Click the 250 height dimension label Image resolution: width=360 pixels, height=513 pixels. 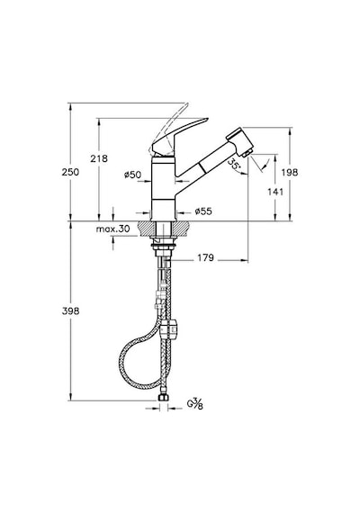pos(70,172)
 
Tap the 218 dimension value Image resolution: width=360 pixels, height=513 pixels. pos(98,158)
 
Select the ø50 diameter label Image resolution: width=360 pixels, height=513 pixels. pos(132,175)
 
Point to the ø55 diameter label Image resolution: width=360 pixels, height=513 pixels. pos(203,211)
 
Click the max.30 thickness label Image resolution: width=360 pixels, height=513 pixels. pos(112,229)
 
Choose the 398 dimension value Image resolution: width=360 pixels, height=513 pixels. pos(70,310)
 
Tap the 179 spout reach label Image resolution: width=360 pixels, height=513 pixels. pos(205,257)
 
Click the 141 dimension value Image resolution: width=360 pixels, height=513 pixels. pos(275,192)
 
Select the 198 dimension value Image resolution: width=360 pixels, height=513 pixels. pos(290,172)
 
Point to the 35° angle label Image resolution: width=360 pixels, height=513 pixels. pos(234,165)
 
